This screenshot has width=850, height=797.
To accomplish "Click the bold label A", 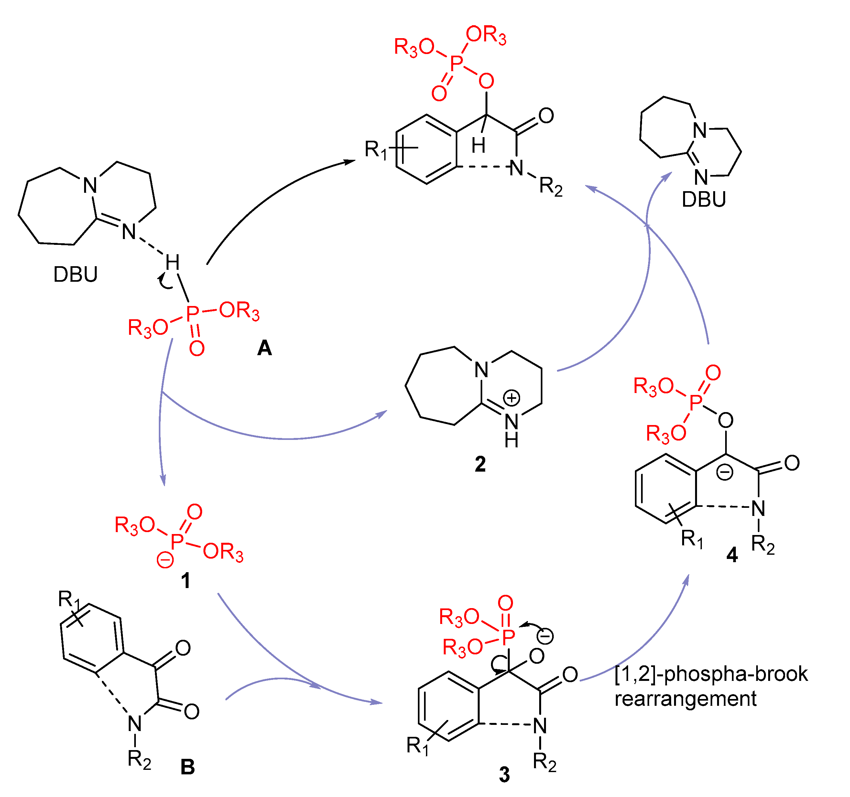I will point(264,348).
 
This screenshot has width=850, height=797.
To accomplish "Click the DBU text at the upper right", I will point(704,200).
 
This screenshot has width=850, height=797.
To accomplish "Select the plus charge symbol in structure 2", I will point(511,398).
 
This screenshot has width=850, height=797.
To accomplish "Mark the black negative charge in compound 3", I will point(545,636).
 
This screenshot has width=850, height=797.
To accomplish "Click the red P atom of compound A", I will point(193,313).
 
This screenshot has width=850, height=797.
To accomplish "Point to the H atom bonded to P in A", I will point(172,263).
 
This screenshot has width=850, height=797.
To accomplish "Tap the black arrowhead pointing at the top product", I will point(351,162).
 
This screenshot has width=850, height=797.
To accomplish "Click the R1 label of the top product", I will point(376,150).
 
